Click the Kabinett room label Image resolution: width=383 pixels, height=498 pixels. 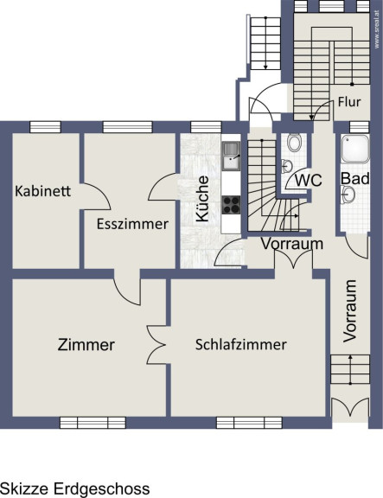[x=43, y=191]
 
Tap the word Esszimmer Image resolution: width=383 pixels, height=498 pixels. [x=132, y=224]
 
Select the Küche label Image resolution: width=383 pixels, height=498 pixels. [x=202, y=199]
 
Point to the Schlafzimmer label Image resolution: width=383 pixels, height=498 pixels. [x=240, y=345]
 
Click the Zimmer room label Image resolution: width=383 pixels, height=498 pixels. [x=86, y=345]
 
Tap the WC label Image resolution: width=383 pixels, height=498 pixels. [x=309, y=181]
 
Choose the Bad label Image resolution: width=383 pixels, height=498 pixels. [x=355, y=178]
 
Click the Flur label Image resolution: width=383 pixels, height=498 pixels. [x=349, y=102]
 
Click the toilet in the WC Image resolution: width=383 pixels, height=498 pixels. [x=295, y=143]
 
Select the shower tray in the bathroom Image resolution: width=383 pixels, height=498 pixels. [x=355, y=149]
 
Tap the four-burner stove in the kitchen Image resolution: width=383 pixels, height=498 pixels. [x=231, y=205]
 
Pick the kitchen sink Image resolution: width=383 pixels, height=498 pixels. [x=231, y=156]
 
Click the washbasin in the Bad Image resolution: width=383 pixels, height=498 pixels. [x=348, y=194]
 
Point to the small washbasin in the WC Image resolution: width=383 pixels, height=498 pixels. [x=287, y=166]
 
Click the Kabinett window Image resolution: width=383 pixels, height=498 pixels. [x=45, y=127]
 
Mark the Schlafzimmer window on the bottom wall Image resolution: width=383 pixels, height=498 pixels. [x=249, y=423]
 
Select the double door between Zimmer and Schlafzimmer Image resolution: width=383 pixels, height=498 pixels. [x=156, y=345]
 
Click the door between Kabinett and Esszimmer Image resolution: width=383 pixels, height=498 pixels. [x=95, y=196]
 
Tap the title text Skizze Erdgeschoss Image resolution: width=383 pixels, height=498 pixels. [x=75, y=489]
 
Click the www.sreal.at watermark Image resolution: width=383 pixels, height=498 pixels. [x=377, y=29]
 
